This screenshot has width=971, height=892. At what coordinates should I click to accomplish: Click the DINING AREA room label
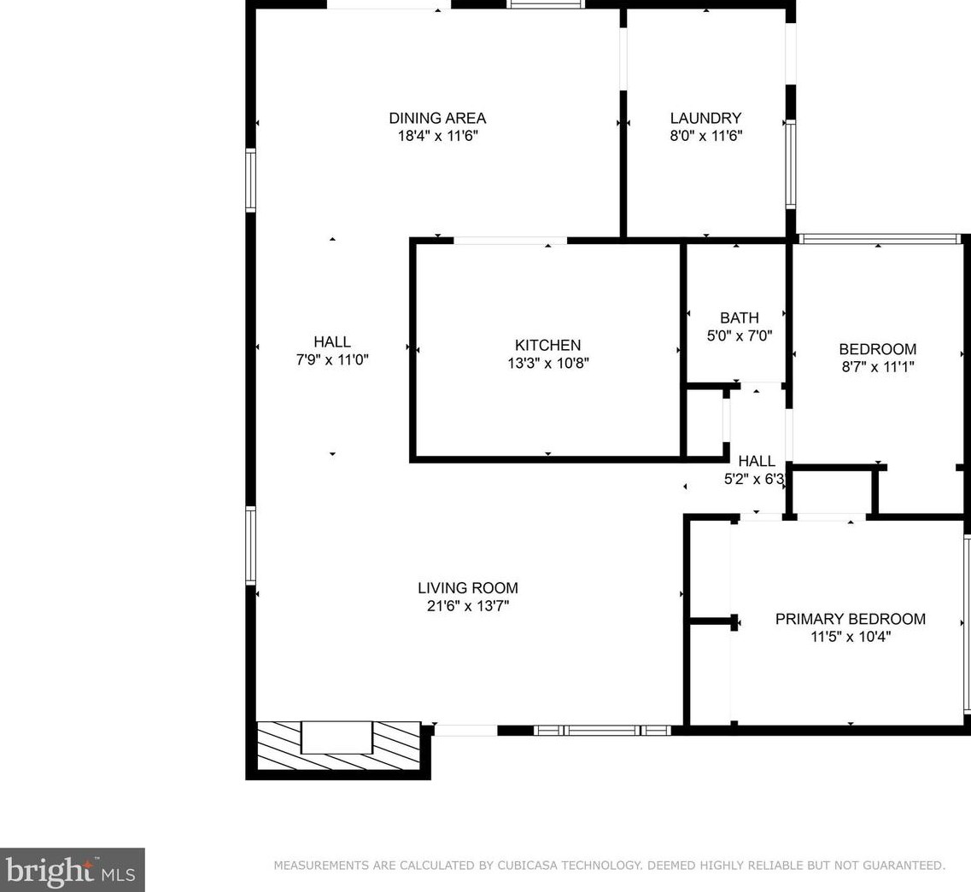[x=437, y=119]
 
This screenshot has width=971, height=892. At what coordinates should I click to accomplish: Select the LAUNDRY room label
[x=705, y=119]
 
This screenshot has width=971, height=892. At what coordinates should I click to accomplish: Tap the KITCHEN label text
[x=547, y=346]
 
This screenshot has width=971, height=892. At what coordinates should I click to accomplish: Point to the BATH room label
[x=739, y=318]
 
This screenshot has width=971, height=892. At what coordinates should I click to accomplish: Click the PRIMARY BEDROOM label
[x=850, y=619]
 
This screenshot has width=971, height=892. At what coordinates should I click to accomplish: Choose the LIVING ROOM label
[x=467, y=588]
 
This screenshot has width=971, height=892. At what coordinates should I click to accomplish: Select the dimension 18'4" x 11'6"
[x=437, y=137]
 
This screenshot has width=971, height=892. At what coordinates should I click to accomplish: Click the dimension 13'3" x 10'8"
[x=547, y=364]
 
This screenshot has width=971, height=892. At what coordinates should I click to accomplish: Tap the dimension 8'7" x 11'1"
[x=877, y=367]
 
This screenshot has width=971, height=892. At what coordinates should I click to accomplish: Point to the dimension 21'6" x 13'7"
[x=467, y=606]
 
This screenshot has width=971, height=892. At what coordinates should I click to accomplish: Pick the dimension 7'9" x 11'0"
[x=332, y=360]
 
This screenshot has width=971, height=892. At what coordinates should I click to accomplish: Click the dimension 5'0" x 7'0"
[x=739, y=336]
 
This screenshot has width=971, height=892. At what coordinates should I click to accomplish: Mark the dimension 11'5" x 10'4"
[x=850, y=637]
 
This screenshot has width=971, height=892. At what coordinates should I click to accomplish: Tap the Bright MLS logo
[x=72, y=870]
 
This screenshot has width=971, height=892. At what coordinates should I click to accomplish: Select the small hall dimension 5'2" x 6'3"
[x=754, y=480]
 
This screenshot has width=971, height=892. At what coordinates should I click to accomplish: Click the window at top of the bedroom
[x=878, y=240]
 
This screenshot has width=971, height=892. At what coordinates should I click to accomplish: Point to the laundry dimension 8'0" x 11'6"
[x=705, y=137]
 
